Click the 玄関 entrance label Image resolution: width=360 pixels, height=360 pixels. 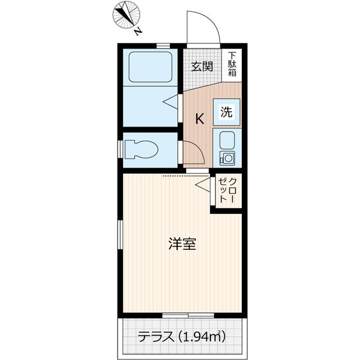(x=201, y=66)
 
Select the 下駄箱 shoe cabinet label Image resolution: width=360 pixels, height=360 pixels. (x=232, y=64)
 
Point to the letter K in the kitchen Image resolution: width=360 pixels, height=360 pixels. (x=199, y=119)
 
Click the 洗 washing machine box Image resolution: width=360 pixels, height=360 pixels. (x=226, y=111)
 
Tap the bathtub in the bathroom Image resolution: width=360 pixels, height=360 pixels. (x=150, y=68)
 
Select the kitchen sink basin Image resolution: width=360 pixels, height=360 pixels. (x=227, y=139)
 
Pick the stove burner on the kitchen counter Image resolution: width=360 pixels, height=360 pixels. (x=228, y=157)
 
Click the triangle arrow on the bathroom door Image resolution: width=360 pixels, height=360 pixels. (x=171, y=101)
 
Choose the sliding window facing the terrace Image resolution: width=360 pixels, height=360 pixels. (x=182, y=315)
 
